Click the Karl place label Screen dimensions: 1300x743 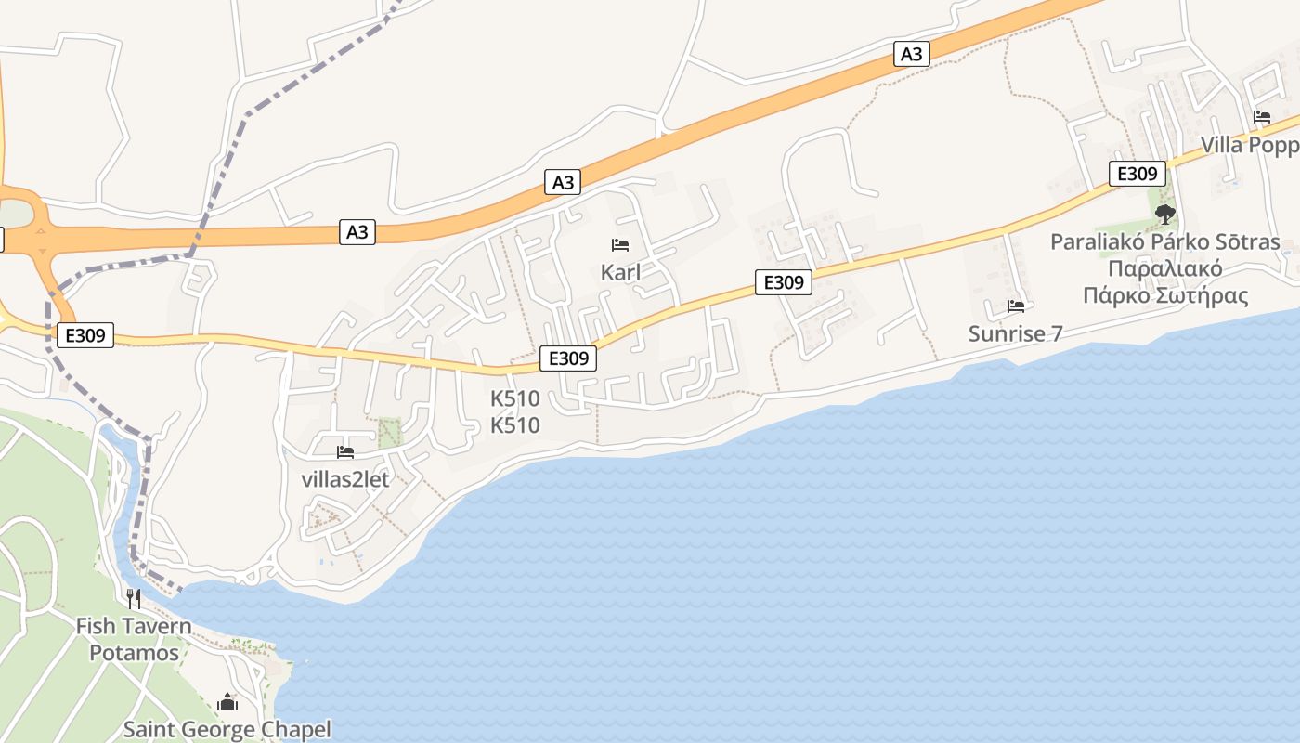(620, 273)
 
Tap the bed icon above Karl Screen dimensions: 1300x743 (620, 245)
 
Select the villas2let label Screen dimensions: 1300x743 (345, 479)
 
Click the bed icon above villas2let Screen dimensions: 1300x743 (345, 452)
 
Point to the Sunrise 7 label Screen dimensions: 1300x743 (1015, 333)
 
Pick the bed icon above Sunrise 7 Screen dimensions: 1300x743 (1016, 306)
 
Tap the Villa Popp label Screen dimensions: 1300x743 (1249, 145)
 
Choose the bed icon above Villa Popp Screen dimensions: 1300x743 (1261, 117)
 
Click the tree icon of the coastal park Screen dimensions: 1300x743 (1164, 215)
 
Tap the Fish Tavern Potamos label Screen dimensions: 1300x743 (134, 639)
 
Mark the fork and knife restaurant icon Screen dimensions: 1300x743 (134, 597)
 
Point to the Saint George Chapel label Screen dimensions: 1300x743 (227, 729)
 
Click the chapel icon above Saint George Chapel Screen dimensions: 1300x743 (227, 702)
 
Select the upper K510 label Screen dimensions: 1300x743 (514, 399)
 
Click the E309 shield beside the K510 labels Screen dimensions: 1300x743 (567, 358)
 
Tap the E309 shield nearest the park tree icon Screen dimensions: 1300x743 (1137, 174)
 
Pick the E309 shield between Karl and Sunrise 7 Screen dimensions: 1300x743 (784, 281)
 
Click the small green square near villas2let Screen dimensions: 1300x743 (390, 432)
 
